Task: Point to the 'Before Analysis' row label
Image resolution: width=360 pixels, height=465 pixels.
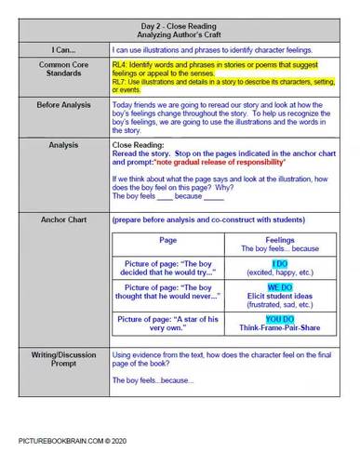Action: (x=61, y=106)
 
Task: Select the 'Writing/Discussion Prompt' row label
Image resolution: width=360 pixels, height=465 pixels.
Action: (x=61, y=359)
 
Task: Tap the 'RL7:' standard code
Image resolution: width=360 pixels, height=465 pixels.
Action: (x=120, y=83)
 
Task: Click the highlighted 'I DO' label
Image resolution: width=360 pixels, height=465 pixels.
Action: (x=279, y=264)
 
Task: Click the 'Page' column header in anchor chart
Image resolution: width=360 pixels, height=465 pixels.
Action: (x=168, y=240)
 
